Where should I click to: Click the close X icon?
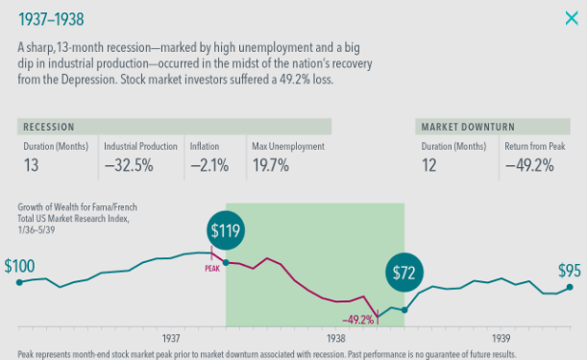pos(572,18)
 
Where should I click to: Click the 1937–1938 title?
pos(51,19)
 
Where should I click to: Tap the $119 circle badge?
pos(226,230)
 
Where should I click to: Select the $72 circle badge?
pos(404,273)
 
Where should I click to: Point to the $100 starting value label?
pos(19,266)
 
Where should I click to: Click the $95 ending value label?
pos(570,271)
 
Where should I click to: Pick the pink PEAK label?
pos(212,268)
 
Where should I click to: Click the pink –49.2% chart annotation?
pos(358,320)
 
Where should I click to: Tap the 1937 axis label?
pos(171,338)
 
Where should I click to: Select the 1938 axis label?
pos(336,338)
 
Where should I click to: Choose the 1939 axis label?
pos(501,338)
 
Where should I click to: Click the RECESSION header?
pos(49,127)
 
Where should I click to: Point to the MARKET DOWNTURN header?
pos(468,127)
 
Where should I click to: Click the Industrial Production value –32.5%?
pos(129,165)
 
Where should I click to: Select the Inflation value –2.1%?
pos(209,165)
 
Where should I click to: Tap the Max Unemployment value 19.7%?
pos(271,165)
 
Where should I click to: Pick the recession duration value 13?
pos(31,165)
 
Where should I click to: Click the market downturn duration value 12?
pos(429,165)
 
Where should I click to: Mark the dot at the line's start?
pos(19,282)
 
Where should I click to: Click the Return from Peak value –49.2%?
pos(529,165)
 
